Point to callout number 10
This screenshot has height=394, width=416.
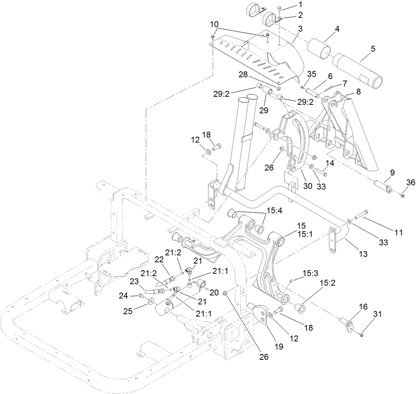(x=214, y=24)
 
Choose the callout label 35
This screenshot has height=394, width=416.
(x=312, y=74)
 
